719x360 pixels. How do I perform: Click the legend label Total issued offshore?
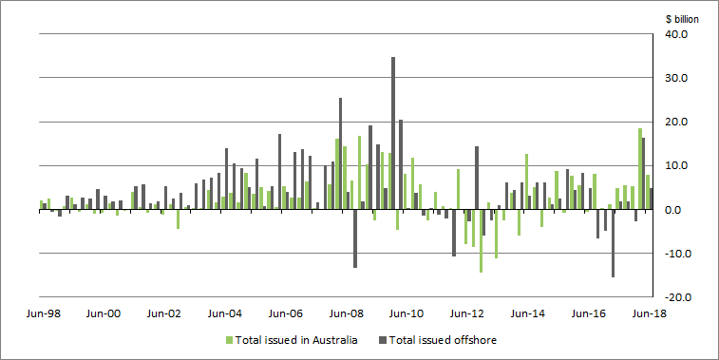coord(444,339)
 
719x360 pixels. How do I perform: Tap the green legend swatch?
coord(228,339)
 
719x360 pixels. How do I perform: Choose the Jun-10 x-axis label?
coord(407,313)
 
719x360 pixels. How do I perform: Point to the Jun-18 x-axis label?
coord(648,313)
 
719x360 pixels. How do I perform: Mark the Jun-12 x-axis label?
coord(468,313)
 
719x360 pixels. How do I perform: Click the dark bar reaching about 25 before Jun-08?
coord(340,154)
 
